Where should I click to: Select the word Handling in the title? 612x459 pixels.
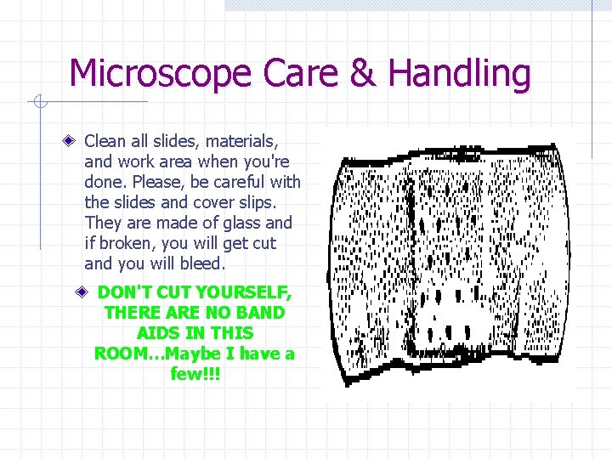pyautogui.click(x=460, y=75)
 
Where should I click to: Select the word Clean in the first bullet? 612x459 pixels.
pyautogui.click(x=105, y=140)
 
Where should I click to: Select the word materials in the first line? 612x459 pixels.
pyautogui.click(x=241, y=140)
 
